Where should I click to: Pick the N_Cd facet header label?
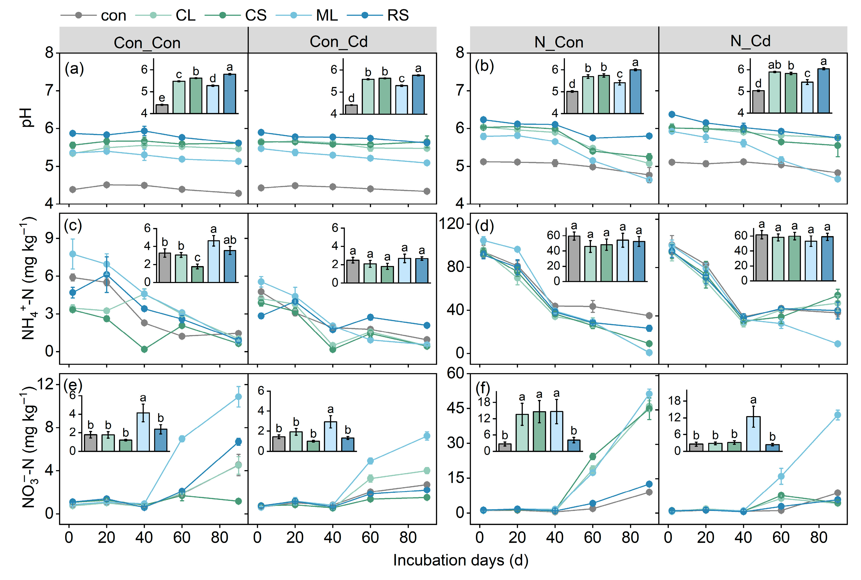(750, 41)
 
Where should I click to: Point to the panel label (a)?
(74, 69)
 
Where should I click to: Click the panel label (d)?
(484, 226)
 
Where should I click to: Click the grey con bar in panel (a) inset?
(162, 109)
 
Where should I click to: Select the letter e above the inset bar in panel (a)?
(162, 98)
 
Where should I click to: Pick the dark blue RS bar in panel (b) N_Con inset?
(635, 91)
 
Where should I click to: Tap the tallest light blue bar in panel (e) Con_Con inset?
(143, 432)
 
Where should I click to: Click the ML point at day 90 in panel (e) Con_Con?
(238, 396)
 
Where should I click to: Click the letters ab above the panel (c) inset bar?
(230, 240)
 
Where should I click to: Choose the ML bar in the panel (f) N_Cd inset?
(753, 434)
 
